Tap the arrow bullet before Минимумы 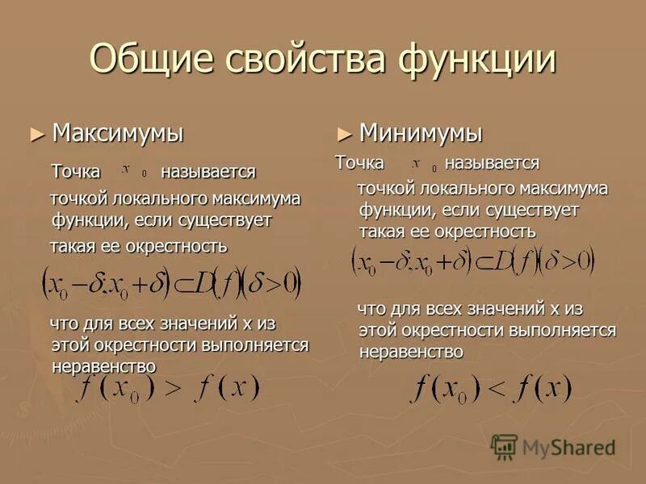(x=344, y=133)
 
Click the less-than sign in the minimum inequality (x=495, y=389)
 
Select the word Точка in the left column (x=76, y=172)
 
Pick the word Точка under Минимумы (x=360, y=164)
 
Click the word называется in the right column (x=492, y=164)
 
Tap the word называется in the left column (x=208, y=172)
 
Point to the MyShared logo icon (x=505, y=446)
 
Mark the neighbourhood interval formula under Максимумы (x=172, y=282)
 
